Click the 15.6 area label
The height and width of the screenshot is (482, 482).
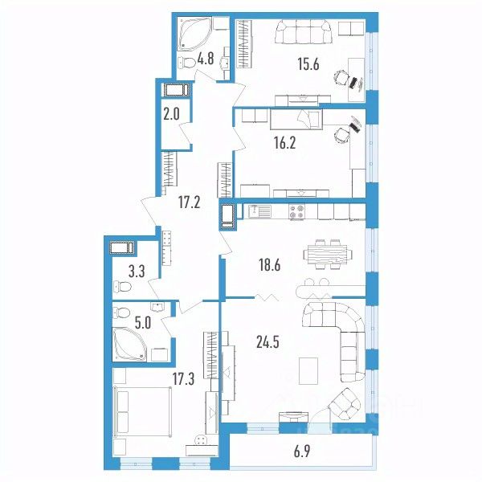[308, 64]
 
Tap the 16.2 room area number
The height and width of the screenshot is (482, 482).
[284, 143]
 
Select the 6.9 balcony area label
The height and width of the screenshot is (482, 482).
[302, 451]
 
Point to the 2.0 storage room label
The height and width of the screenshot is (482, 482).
[171, 114]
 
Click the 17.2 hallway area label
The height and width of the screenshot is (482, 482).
[189, 202]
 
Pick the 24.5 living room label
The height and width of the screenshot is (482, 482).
[268, 342]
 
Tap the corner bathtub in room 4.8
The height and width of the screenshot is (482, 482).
[194, 35]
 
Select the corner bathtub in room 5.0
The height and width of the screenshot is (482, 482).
[129, 344]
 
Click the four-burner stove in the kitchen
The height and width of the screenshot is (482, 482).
[296, 212]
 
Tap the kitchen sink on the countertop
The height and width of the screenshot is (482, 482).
[260, 211]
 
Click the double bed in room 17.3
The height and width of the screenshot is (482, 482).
[142, 411]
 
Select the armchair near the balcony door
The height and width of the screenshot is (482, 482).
[345, 404]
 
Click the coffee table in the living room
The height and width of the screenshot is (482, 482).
[308, 370]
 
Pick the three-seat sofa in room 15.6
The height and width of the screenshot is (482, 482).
[304, 31]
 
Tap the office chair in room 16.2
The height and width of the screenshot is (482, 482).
[342, 135]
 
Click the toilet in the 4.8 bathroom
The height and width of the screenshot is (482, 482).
[187, 63]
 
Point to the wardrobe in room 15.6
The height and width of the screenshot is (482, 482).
[245, 44]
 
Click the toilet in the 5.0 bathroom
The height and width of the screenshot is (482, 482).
[122, 313]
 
